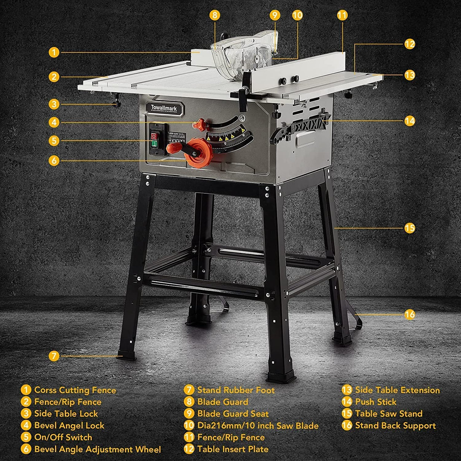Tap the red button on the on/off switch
point(154,136)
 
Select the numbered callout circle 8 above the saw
point(215,15)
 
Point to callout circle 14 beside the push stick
point(409,121)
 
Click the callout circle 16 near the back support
point(409,314)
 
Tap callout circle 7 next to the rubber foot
point(54,356)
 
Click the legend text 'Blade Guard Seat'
point(233,414)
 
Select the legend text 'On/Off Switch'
point(63,437)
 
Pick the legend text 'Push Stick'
point(376,402)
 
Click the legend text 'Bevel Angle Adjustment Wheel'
point(98,449)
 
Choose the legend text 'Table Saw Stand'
point(388,414)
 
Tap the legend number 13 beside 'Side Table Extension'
point(347,390)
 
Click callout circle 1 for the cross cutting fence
point(54,52)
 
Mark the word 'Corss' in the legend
point(46,390)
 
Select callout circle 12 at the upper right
point(409,44)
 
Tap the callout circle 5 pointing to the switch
point(54,141)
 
